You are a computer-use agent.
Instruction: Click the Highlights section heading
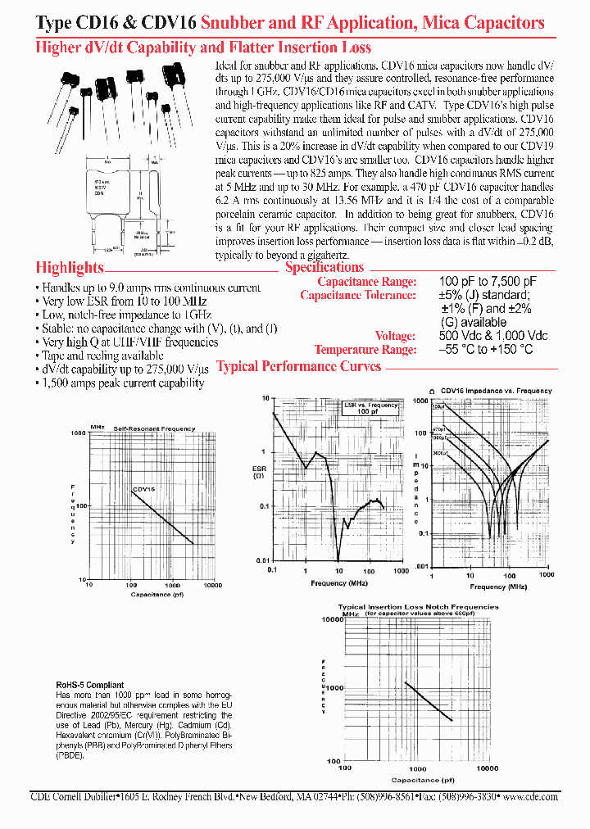(70, 268)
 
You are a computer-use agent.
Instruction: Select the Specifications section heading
(324, 267)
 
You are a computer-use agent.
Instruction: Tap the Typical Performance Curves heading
(298, 366)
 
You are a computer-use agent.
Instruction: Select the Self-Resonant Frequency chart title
(154, 428)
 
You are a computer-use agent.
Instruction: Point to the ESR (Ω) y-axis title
(259, 473)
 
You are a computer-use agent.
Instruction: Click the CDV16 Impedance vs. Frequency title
(497, 392)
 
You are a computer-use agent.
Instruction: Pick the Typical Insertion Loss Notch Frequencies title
(418, 607)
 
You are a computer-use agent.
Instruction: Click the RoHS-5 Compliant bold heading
(90, 685)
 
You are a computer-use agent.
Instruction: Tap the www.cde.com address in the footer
(532, 796)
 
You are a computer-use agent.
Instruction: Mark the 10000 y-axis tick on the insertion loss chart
(329, 620)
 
